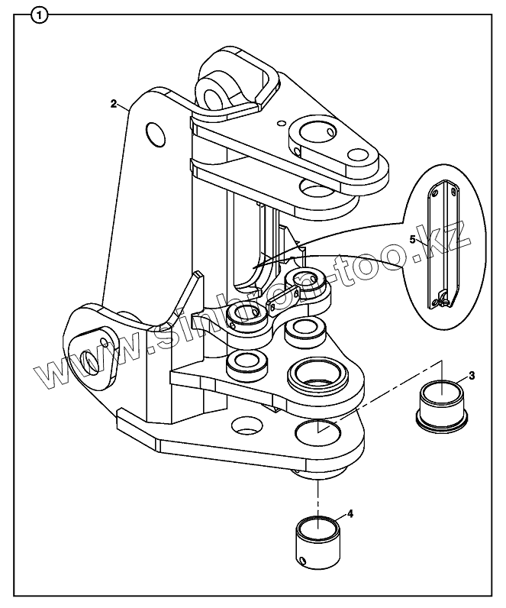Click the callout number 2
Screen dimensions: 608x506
113,103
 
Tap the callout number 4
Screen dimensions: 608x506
350,514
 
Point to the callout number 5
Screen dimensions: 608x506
413,239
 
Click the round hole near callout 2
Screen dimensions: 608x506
155,134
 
